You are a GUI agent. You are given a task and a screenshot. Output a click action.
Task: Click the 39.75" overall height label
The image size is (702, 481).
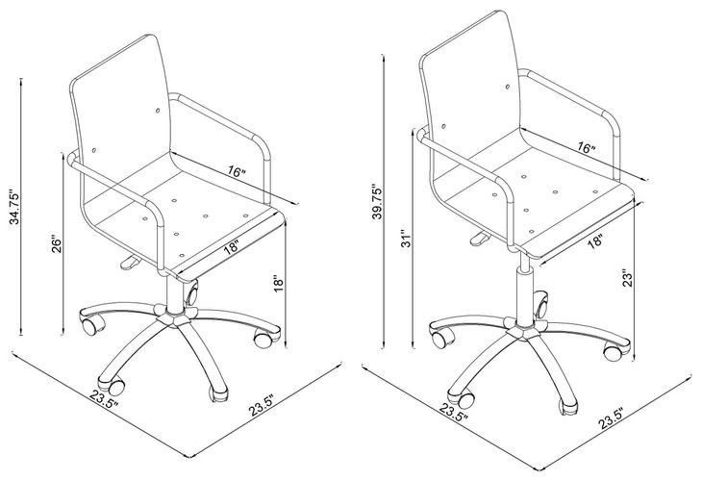coord(378,207)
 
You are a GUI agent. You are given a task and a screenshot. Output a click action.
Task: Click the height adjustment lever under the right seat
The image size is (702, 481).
coord(473,234)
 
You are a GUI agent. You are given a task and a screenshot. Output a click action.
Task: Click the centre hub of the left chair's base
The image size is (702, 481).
coord(176,318)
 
